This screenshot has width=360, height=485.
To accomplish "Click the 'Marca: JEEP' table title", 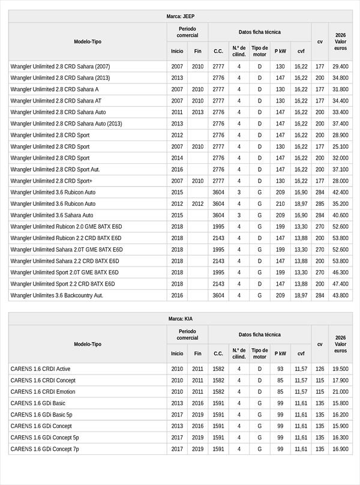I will point(180,17).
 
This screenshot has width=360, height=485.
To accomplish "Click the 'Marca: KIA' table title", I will point(180,319).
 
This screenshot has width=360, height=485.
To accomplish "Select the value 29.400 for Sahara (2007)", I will point(340,67).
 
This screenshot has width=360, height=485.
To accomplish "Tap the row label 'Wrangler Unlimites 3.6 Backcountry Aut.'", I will point(57,295).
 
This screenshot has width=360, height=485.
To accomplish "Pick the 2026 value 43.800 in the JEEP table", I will point(340,295).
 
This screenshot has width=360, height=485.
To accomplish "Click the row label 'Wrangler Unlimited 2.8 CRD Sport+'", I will point(52,181).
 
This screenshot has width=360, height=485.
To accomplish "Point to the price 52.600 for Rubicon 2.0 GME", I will point(340,227).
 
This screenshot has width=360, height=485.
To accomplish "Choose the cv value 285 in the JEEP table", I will point(320,203).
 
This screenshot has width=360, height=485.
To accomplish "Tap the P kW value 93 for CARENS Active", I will point(280,369).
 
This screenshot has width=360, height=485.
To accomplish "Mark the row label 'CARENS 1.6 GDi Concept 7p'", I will point(44,449).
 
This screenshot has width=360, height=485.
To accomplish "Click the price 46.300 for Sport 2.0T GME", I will point(340,273).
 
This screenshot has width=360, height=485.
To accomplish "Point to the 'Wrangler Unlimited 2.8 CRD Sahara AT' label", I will point(56,101).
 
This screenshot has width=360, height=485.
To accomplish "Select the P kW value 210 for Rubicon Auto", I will point(280,203).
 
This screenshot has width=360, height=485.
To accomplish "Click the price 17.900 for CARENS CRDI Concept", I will point(340,381).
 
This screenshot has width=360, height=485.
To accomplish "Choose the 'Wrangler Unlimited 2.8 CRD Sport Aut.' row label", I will point(55,169).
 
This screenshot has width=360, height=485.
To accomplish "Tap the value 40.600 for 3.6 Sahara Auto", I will point(340,215).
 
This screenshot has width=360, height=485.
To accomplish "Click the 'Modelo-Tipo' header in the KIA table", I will point(88,345).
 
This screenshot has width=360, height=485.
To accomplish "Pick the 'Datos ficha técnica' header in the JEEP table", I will point(260,32).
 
